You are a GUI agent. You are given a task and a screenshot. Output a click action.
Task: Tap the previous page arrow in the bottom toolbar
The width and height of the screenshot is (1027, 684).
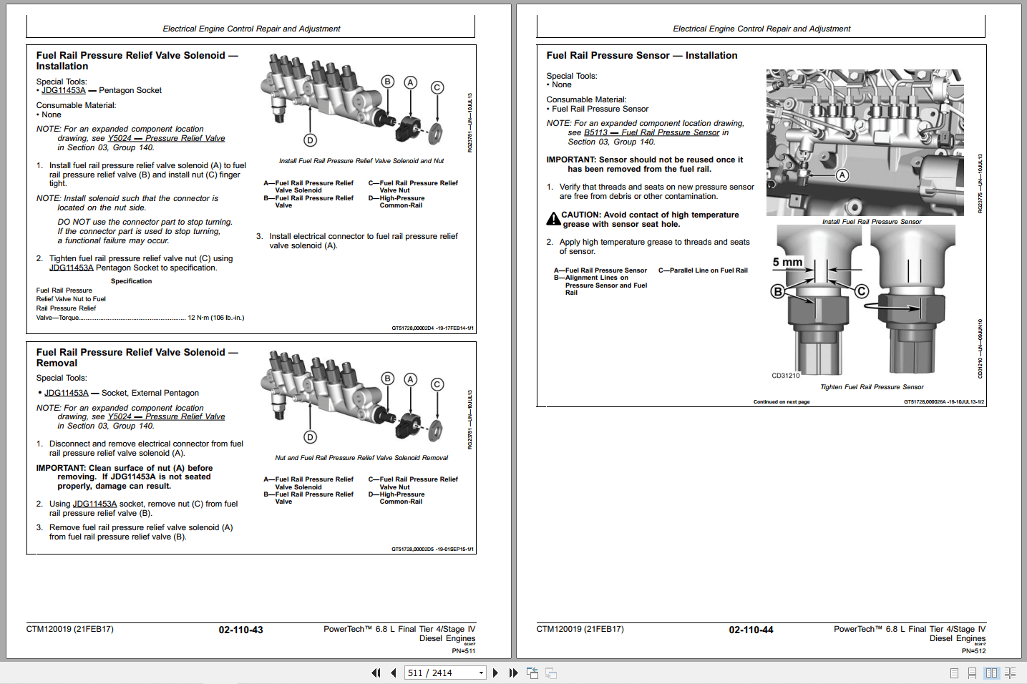(x=393, y=673)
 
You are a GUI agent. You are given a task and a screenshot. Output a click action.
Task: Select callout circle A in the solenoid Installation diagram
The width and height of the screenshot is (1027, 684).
(x=410, y=82)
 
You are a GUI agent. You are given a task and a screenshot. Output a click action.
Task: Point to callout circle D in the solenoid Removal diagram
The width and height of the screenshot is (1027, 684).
(x=310, y=437)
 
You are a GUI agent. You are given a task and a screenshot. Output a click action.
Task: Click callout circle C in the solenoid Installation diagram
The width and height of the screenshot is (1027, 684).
(x=437, y=87)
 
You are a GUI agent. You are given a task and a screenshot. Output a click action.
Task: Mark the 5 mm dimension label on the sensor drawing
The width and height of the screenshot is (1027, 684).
(x=787, y=263)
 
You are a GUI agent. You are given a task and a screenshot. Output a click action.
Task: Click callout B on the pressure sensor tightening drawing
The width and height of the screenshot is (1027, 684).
(x=777, y=291)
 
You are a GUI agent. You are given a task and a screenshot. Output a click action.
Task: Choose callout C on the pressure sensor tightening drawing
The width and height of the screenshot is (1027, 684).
(x=862, y=291)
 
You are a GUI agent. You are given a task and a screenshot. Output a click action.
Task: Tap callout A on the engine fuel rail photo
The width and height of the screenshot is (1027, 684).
(x=842, y=175)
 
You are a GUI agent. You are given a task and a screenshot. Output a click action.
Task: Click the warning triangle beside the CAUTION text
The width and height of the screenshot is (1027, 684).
(x=553, y=219)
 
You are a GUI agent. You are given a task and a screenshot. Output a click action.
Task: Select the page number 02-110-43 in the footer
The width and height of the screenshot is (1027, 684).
(x=240, y=630)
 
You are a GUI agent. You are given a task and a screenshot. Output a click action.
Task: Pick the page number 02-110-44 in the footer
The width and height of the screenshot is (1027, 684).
(x=751, y=630)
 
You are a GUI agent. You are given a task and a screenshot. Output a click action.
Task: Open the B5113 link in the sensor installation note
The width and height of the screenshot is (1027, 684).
(x=595, y=132)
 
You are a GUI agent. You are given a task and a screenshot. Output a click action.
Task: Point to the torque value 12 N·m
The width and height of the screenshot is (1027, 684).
(x=215, y=318)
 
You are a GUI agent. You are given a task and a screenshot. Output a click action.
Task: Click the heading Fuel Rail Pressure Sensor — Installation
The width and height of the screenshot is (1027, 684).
(x=641, y=55)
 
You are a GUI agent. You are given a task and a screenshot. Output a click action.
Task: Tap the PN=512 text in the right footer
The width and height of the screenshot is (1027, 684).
(x=973, y=651)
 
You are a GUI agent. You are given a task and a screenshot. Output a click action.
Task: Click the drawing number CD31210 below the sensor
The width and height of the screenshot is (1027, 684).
(x=785, y=376)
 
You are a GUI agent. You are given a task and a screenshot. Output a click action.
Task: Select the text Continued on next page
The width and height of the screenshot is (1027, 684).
(x=781, y=402)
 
